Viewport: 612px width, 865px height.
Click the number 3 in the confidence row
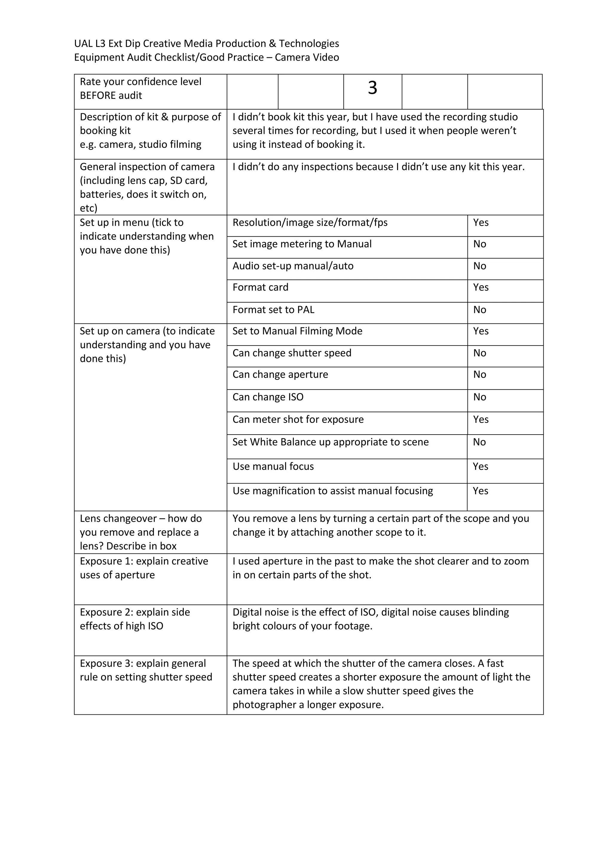[372, 88]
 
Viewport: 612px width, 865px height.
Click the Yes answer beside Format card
[481, 287]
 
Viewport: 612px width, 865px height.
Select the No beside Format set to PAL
[479, 310]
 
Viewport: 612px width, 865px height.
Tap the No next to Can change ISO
[479, 397]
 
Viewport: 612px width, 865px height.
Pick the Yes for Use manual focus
[480, 467]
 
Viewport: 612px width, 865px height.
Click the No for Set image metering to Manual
[479, 244]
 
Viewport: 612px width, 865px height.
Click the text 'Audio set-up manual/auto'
[293, 266]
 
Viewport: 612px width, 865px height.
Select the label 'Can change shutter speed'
[292, 353]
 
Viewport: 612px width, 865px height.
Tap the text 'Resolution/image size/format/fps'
[310, 223]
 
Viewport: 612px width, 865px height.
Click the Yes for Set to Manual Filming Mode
[481, 331]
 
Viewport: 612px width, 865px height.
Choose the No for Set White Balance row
[479, 442]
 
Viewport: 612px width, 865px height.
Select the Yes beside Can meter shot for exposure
[481, 419]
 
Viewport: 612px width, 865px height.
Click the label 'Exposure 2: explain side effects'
[134, 613]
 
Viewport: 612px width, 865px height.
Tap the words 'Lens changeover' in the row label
[117, 519]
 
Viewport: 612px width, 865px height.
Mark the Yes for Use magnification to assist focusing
[480, 491]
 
